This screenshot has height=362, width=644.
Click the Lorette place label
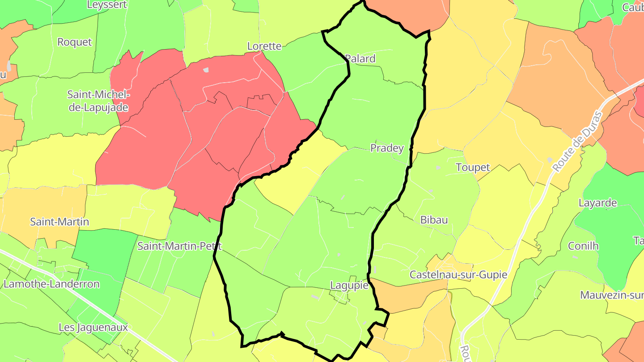tap(264, 46)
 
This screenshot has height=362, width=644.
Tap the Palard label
tap(360, 59)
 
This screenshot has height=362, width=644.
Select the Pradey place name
tap(387, 148)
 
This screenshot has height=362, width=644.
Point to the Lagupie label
tap(349, 285)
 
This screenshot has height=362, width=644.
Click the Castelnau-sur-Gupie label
tap(458, 274)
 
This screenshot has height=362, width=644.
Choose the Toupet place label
tap(473, 168)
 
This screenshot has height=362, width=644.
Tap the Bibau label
tap(434, 220)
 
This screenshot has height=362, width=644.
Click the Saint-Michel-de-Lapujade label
tap(98, 101)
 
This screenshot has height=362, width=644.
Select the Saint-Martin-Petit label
tap(179, 246)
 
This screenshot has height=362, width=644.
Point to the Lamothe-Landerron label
tap(51, 284)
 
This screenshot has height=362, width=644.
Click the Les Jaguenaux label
tap(93, 327)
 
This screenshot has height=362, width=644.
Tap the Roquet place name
tap(75, 42)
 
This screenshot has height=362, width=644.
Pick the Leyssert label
tap(107, 5)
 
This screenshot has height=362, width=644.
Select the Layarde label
tap(597, 203)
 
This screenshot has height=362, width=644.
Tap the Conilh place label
tap(583, 246)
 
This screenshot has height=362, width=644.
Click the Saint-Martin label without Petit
tap(59, 222)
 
